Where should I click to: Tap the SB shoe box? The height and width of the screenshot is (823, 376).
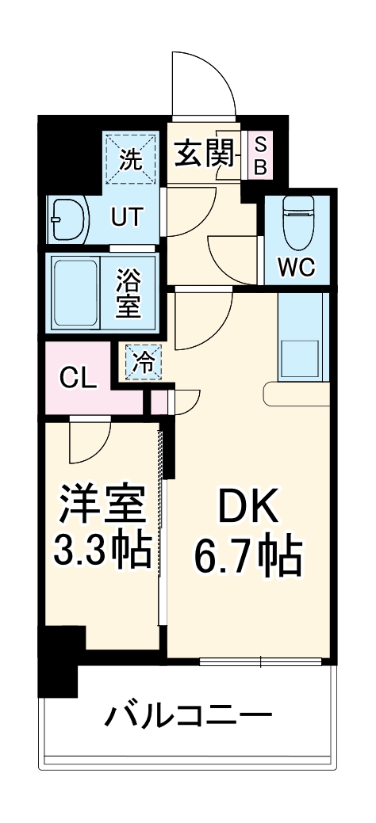pyautogui.click(x=259, y=155)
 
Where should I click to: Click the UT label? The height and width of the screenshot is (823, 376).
pyautogui.click(x=126, y=216)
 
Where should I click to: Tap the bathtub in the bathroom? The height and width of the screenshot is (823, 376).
pyautogui.click(x=75, y=294)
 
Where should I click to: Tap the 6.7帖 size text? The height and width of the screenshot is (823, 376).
pyautogui.click(x=247, y=557)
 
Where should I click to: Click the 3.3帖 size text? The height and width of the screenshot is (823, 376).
pyautogui.click(x=102, y=551)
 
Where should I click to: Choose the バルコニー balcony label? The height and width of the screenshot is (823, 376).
pyautogui.click(x=188, y=716)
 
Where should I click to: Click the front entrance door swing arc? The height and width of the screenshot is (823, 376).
pyautogui.click(x=203, y=83)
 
